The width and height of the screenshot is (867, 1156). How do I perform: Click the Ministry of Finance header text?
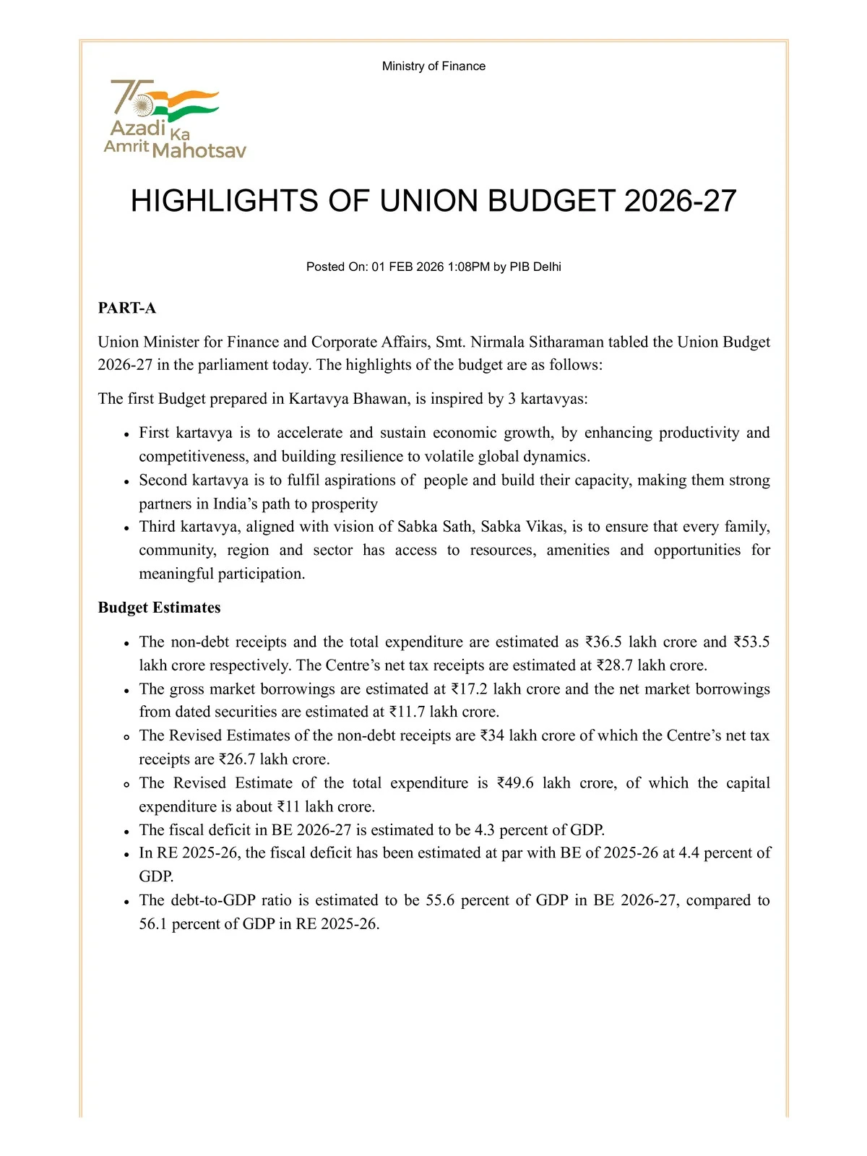click(x=433, y=66)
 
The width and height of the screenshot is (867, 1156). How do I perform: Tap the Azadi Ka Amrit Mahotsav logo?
click(x=174, y=119)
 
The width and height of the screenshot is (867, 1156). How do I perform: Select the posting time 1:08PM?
click(x=469, y=267)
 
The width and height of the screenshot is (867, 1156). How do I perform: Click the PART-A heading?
click(x=127, y=309)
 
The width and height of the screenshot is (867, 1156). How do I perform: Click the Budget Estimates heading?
click(x=159, y=608)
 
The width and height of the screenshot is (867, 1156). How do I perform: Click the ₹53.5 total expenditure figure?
click(x=752, y=642)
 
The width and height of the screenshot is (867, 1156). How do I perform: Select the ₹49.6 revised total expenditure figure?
click(x=515, y=783)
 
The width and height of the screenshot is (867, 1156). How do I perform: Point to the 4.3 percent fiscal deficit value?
click(x=484, y=830)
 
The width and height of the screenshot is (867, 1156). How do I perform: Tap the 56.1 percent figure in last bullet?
click(x=152, y=924)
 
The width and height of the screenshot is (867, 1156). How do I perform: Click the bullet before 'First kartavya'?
click(x=126, y=434)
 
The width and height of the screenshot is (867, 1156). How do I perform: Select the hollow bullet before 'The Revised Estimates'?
click(x=126, y=737)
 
